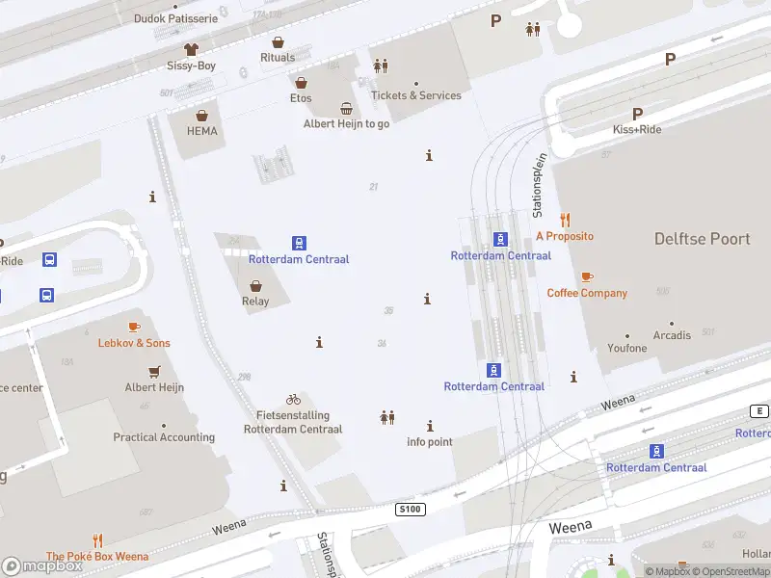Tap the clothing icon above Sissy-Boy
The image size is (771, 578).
pyautogui.click(x=191, y=48)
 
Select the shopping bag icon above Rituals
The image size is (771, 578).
pyautogui.click(x=278, y=42)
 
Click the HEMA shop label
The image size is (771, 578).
pyautogui.click(x=201, y=131)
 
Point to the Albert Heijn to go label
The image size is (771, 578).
pyautogui.click(x=346, y=123)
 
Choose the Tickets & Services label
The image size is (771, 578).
pyautogui.click(x=416, y=95)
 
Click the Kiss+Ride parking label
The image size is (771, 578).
pyautogui.click(x=637, y=129)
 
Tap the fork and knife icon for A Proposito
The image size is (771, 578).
pyautogui.click(x=565, y=220)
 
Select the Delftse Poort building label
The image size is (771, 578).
pyautogui.click(x=702, y=238)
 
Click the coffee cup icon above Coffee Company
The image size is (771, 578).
pyautogui.click(x=587, y=276)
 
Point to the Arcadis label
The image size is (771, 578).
pyautogui.click(x=672, y=335)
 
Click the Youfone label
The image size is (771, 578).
pyautogui.click(x=627, y=348)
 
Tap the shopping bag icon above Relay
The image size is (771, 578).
pyautogui.click(x=255, y=285)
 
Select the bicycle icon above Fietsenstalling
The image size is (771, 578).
pyautogui.click(x=293, y=399)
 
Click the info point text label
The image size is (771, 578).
pyautogui.click(x=429, y=442)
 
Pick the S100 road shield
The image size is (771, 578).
pyautogui.click(x=410, y=508)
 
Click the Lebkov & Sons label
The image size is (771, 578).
pyautogui.click(x=134, y=343)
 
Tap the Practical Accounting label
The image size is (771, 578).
pyautogui.click(x=164, y=437)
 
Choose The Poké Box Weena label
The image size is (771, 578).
pyautogui.click(x=97, y=556)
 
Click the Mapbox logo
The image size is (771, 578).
pyautogui.click(x=42, y=566)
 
